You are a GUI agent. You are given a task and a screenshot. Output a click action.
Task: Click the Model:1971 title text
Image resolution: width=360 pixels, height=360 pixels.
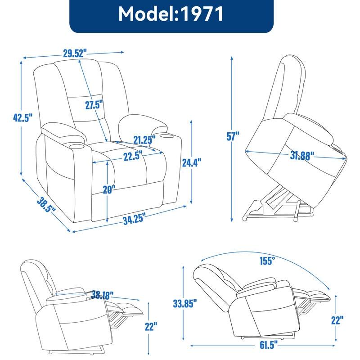coord(171,14)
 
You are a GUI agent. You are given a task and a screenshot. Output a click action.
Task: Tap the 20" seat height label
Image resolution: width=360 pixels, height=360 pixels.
coord(108,189)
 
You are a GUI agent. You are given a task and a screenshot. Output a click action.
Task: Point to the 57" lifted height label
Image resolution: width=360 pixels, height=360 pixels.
coord(232,135)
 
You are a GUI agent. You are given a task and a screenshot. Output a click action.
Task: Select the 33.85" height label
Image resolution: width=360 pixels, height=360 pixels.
coord(184,304)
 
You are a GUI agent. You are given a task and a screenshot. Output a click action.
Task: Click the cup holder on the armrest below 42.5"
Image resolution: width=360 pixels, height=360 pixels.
coord(62,146)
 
